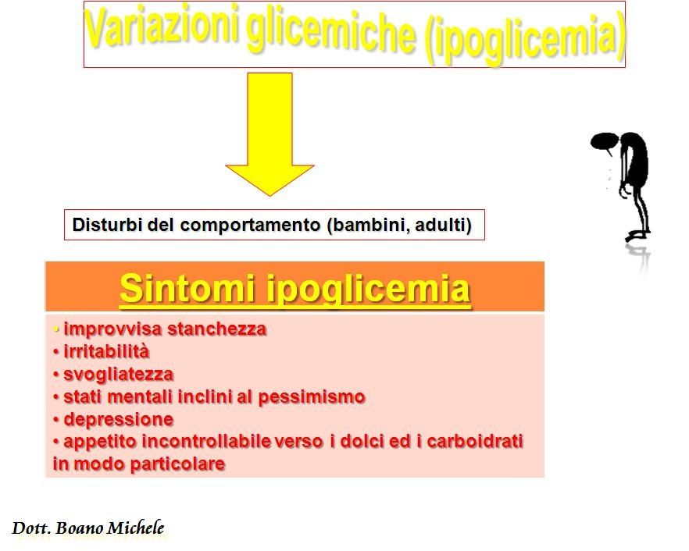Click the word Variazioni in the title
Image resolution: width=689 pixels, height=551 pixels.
pyautogui.click(x=162, y=27)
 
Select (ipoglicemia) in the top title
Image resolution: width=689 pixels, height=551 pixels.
pyautogui.click(x=525, y=39)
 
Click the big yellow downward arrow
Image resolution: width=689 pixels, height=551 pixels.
pyautogui.click(x=270, y=134)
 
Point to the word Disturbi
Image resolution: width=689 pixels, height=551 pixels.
pyautogui.click(x=107, y=225)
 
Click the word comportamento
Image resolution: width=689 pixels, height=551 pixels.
pyautogui.click(x=250, y=226)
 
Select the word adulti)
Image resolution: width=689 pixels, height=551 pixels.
pyautogui.click(x=443, y=226)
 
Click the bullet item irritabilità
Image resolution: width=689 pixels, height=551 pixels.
pyautogui.click(x=102, y=352)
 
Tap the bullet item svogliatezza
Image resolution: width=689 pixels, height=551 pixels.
pyautogui.click(x=113, y=375)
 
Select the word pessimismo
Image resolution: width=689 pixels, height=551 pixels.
pyautogui.click(x=312, y=397)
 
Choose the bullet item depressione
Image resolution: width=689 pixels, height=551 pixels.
pyautogui.click(x=113, y=420)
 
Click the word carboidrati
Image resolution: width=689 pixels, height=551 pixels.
pyautogui.click(x=475, y=441)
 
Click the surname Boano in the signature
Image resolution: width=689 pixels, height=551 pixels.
pyautogui.click(x=80, y=528)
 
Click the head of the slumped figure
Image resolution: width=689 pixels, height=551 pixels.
pyautogui.click(x=605, y=143)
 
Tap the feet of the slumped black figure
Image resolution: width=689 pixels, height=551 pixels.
pyautogui.click(x=637, y=236)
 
